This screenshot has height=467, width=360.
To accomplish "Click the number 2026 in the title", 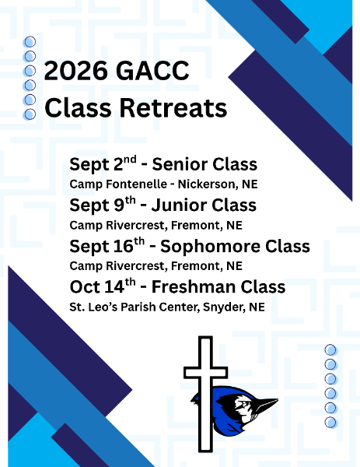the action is click(x=76, y=71).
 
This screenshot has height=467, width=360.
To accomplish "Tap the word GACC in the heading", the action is click(x=152, y=71).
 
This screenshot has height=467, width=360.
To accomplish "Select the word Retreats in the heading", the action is click(x=173, y=107).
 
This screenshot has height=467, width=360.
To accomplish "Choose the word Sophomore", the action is click(x=211, y=247).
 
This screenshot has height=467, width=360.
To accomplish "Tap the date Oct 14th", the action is click(x=103, y=286).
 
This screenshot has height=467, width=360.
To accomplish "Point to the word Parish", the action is click(x=138, y=307).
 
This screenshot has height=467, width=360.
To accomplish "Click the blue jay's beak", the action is click(x=266, y=403).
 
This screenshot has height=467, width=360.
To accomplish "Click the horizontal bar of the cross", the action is click(x=205, y=373).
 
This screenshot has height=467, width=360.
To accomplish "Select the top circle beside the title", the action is click(x=30, y=42).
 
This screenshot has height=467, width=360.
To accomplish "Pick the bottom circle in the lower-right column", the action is click(x=330, y=422).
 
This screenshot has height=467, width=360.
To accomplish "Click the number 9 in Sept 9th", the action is click(x=119, y=205).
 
